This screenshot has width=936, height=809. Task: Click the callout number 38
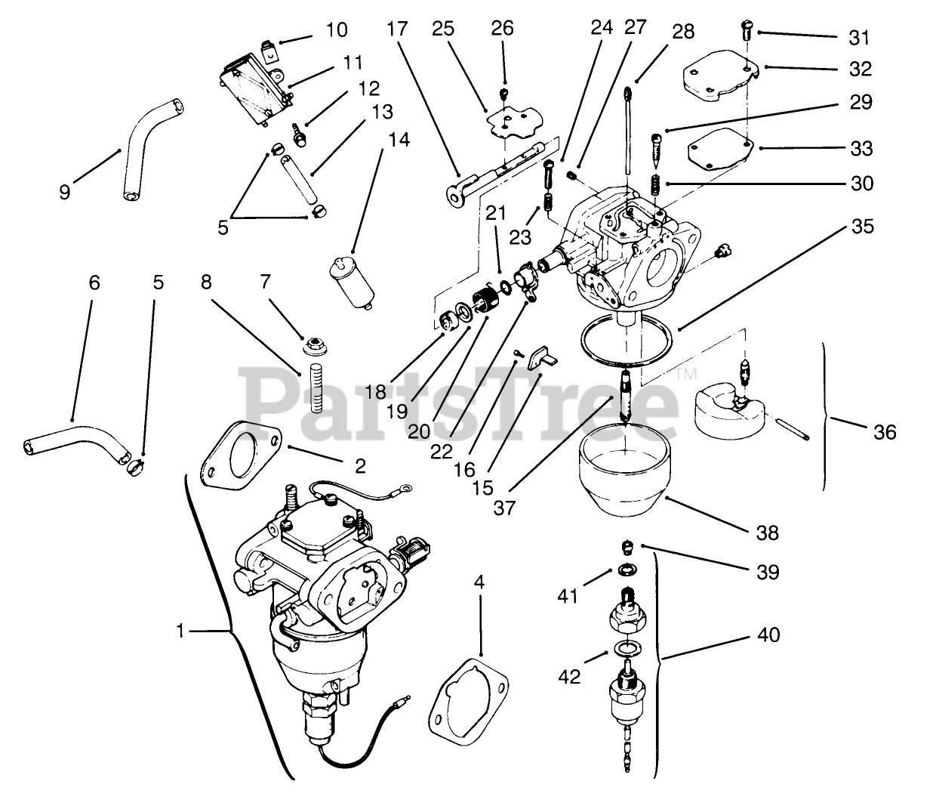pyautogui.click(x=767, y=533)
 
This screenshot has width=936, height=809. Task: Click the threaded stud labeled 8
pyautogui.click(x=316, y=390)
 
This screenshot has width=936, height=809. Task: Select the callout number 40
pyautogui.click(x=769, y=634)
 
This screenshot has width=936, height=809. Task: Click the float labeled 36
pyautogui.click(x=728, y=412)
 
